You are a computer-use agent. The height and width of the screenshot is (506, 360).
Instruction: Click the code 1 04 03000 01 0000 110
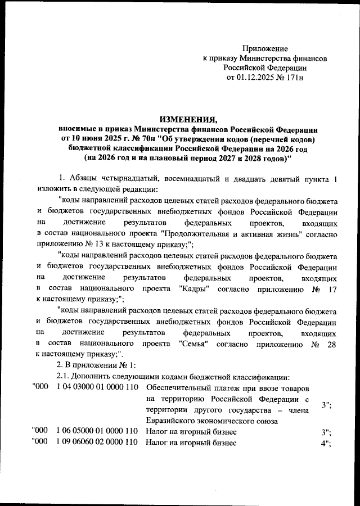(97, 388)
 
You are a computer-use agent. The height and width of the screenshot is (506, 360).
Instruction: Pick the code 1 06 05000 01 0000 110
(97, 431)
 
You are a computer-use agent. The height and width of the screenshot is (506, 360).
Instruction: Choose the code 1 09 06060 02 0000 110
(97, 442)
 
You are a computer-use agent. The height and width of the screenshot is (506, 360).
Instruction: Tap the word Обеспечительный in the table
(179, 388)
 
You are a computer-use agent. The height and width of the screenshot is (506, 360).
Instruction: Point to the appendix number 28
(331, 345)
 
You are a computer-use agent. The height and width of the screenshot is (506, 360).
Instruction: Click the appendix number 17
(331, 288)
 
